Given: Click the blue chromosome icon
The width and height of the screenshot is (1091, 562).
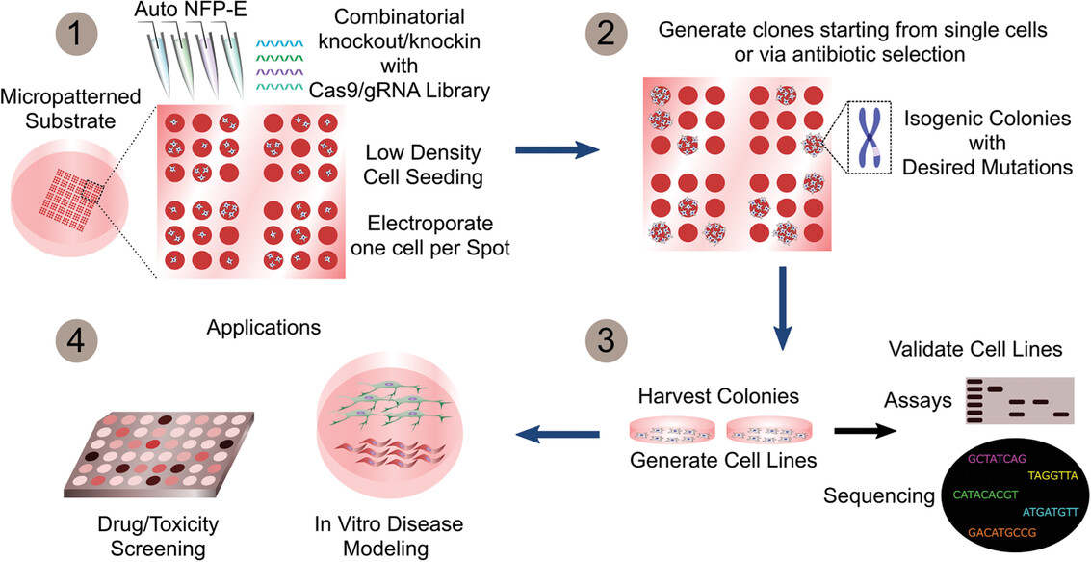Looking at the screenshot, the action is [869, 137].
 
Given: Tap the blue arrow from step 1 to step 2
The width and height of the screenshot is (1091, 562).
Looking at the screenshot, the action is [557, 149].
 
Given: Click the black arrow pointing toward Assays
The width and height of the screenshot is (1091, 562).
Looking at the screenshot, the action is [864, 432].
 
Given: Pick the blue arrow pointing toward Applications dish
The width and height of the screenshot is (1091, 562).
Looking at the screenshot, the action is [558, 436].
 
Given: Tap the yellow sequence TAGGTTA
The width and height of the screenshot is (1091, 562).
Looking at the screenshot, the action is [1052, 475].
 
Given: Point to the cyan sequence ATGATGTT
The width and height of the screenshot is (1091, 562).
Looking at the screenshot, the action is [1050, 513].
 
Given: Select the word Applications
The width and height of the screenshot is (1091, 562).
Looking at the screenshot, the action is [264, 326].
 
